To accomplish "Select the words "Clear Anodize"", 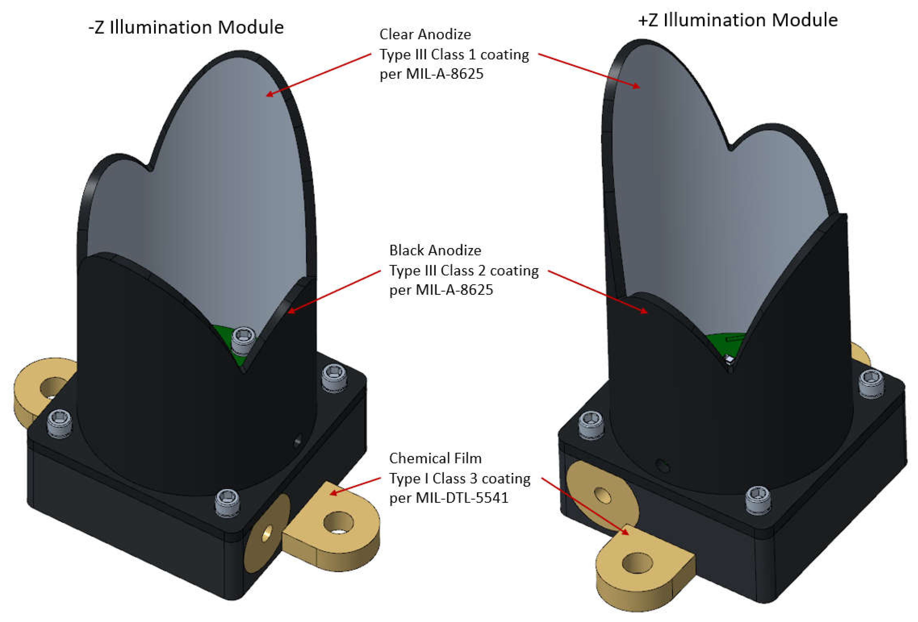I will tap(425, 35).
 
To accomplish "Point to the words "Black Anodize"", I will tap(435, 251).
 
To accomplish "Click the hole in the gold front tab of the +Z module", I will tap(636, 563).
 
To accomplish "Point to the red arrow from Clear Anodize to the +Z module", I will tap(589, 71).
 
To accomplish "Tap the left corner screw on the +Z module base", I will tap(590, 423).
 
